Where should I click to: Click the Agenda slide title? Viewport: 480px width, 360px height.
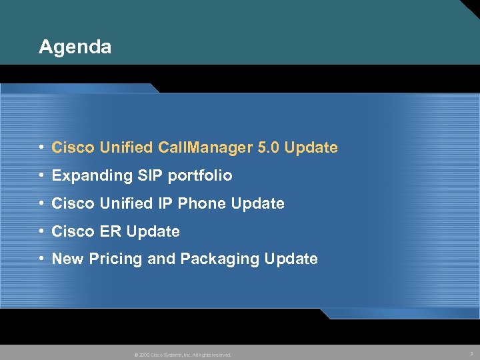pos(75,47)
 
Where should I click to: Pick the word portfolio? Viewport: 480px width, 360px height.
pos(199,176)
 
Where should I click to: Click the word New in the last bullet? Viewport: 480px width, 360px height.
pos(67,259)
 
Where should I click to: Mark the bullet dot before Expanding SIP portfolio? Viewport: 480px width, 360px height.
pos(42,176)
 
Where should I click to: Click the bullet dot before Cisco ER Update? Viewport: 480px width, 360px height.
pos(42,231)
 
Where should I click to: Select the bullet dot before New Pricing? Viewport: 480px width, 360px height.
pos(42,259)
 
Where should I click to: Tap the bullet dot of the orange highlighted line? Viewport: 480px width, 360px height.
pos(42,147)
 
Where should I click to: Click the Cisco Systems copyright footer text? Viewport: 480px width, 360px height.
pos(183,355)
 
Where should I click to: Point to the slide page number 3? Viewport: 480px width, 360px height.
pos(471,354)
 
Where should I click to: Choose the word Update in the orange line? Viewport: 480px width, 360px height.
pos(311,147)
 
